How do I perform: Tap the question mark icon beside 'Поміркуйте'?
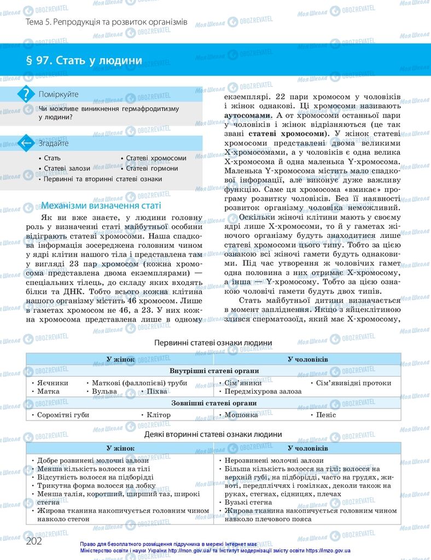pos(25,94)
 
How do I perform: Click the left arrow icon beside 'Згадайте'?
pos(25,143)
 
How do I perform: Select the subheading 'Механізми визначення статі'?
pos(101,206)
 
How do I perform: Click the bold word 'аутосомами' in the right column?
pos(248,116)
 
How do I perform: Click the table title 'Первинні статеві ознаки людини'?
pos(213,343)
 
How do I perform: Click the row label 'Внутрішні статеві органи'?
pos(214,371)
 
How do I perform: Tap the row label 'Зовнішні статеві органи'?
pos(214,403)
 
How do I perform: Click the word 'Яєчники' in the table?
pos(53,383)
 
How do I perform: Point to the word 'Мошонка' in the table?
pos(241,415)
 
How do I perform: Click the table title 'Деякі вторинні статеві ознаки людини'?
pos(213,434)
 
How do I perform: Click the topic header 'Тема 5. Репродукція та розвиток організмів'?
pos(107,22)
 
